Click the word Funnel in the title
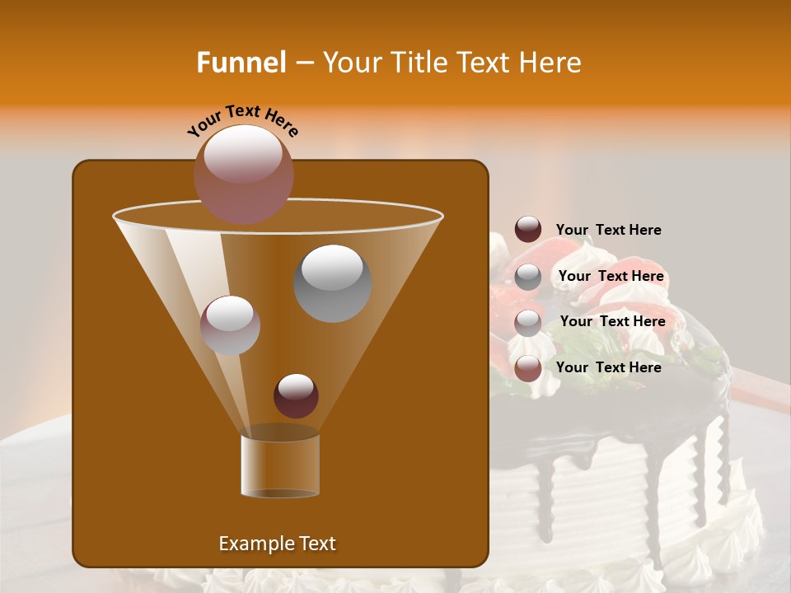(x=241, y=63)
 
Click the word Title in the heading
(x=417, y=63)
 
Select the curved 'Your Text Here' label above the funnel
(x=243, y=120)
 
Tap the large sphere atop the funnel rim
(x=244, y=174)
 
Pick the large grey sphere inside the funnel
(x=332, y=282)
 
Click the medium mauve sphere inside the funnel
(x=230, y=325)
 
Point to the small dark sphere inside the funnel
(x=296, y=395)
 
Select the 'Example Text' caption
(x=277, y=544)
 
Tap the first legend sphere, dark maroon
(x=528, y=230)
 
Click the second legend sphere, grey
(x=528, y=276)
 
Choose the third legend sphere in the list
(x=528, y=322)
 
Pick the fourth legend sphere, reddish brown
(x=528, y=368)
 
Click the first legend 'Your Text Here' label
(x=608, y=230)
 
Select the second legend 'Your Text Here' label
(x=611, y=276)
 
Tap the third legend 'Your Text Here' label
(x=612, y=321)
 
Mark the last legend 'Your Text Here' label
(x=608, y=367)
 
